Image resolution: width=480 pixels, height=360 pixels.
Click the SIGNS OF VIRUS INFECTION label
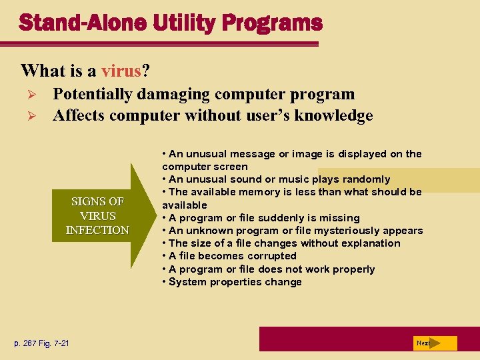tap(97, 216)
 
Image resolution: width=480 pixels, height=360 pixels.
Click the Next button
tap(425, 343)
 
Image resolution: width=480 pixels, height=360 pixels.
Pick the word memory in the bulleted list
tap(264, 192)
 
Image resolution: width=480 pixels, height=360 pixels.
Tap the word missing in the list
tap(341, 218)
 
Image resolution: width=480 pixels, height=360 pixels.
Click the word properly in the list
tap(353, 269)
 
